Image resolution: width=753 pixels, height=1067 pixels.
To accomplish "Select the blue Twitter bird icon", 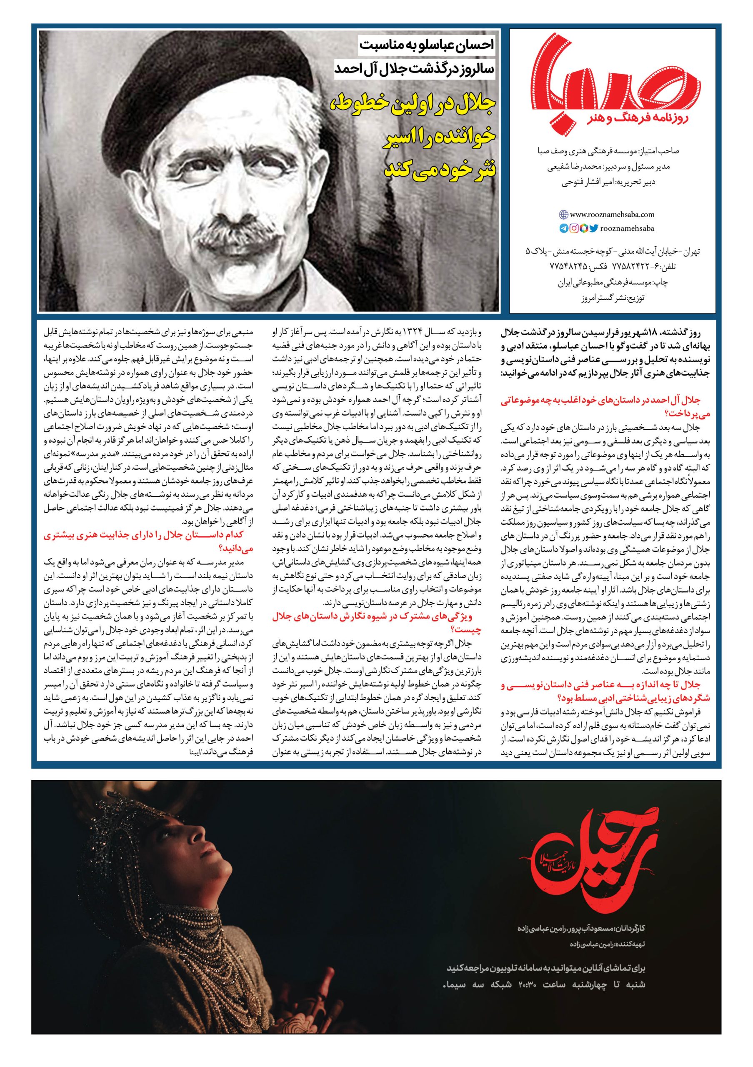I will (594, 228).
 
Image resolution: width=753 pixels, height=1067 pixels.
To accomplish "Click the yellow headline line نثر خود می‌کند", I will (439, 167).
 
